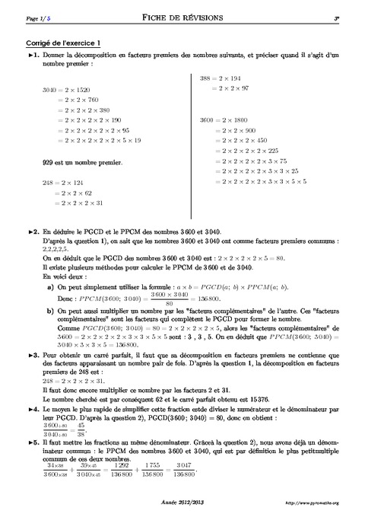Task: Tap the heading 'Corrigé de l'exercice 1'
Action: (64, 44)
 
